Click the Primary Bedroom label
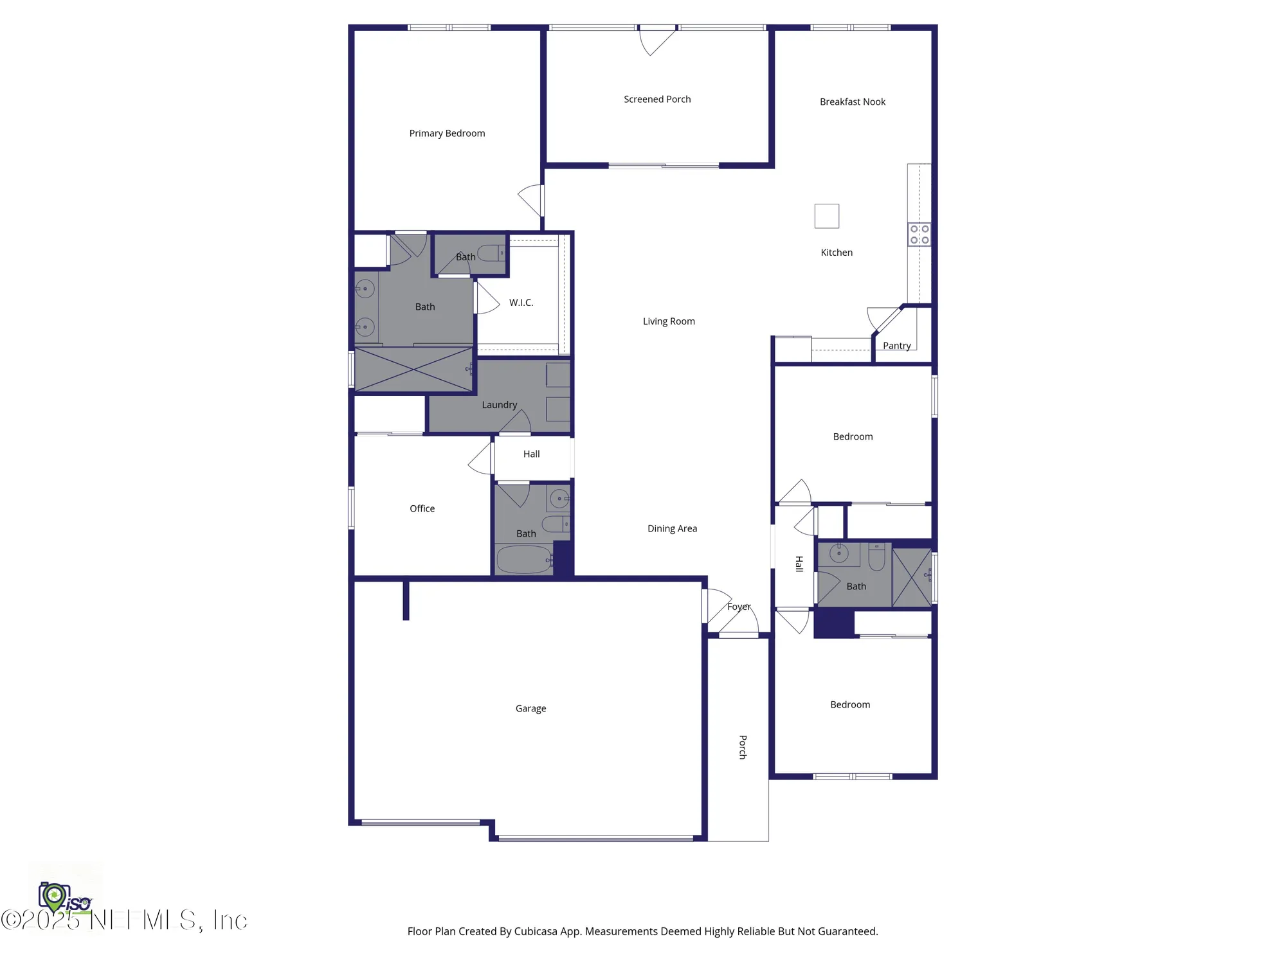(x=447, y=133)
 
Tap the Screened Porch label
(x=657, y=99)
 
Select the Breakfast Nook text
(x=852, y=102)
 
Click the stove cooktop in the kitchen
(x=919, y=235)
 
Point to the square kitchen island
(x=826, y=216)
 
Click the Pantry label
(x=896, y=346)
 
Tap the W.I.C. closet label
(x=521, y=303)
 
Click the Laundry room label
(x=499, y=405)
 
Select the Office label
(x=422, y=508)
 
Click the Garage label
(x=530, y=708)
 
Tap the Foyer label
(x=739, y=607)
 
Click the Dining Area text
(x=672, y=528)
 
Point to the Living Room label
(x=669, y=321)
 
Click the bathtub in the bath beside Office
(x=523, y=559)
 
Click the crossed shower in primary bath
(x=413, y=370)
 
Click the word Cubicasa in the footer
(x=535, y=931)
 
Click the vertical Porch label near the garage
(x=743, y=747)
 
